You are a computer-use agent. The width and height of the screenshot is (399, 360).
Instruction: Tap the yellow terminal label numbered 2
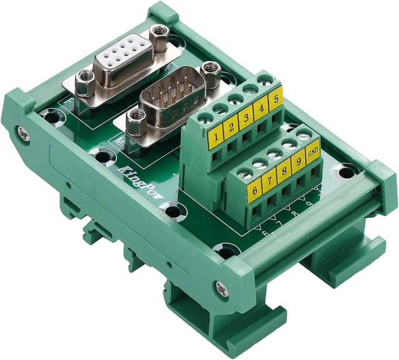tap(231, 126)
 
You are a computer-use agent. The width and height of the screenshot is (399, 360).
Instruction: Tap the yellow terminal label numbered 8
tap(284, 171)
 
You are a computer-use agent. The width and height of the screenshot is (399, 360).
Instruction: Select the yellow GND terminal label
tap(313, 151)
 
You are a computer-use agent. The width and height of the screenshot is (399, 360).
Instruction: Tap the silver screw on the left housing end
tap(23, 133)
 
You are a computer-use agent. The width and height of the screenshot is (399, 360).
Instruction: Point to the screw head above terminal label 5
tap(265, 79)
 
